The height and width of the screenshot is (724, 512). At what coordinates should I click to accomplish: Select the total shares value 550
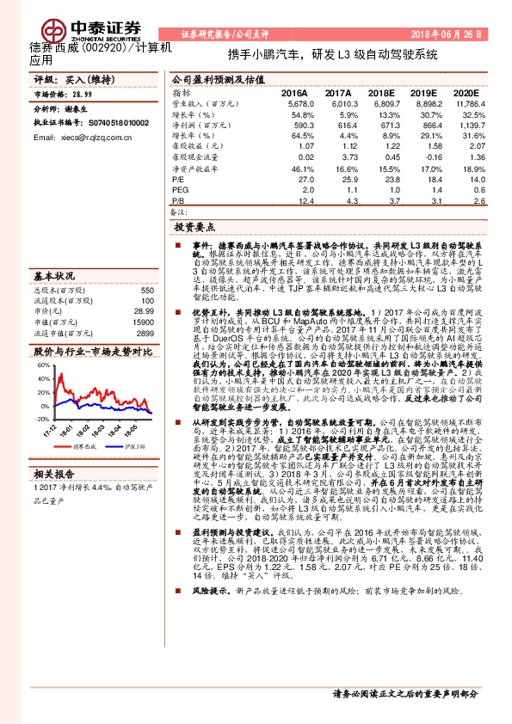[x=146, y=290]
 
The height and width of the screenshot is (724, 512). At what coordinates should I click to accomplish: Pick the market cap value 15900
[x=143, y=321]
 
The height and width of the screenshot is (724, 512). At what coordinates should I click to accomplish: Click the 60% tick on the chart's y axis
[x=43, y=365]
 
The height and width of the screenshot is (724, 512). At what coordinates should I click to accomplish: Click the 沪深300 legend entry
[x=132, y=446]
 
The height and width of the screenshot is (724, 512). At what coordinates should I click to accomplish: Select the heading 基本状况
[x=54, y=276]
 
